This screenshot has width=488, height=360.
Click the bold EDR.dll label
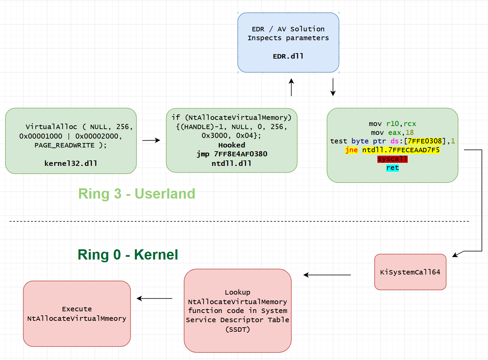point(288,56)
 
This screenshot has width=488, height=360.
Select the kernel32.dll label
point(71,163)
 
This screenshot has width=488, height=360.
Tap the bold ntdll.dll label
point(232,163)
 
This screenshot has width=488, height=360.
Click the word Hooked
point(232,145)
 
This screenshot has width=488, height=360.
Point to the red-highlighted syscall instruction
point(392,159)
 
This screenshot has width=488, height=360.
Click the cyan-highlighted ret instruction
point(393,168)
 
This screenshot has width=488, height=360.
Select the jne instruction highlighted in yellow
point(352,150)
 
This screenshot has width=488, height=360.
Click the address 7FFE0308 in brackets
point(425,141)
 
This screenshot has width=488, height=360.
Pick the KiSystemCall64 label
point(410,272)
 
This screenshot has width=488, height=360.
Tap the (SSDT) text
point(238,329)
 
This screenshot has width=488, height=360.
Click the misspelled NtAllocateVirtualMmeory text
point(77,318)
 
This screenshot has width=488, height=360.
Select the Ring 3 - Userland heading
point(136,194)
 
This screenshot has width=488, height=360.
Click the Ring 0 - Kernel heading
point(128,254)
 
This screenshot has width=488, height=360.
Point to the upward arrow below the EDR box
point(291,87)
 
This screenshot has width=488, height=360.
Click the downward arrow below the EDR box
point(333,87)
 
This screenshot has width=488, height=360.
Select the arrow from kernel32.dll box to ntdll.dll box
point(151,140)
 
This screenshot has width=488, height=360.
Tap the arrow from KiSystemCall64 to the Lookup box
point(327,275)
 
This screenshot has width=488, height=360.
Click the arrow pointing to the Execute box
point(154,298)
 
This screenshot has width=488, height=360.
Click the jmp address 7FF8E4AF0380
point(241,154)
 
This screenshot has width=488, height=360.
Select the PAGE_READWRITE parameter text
point(64,145)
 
